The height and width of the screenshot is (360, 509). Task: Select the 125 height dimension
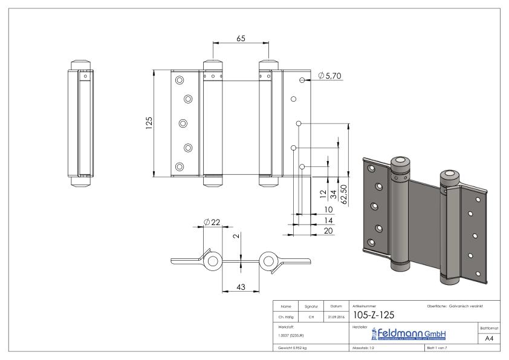[x=149, y=123]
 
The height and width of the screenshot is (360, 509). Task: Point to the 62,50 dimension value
[x=345, y=195]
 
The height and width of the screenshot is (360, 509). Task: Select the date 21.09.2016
[x=336, y=316]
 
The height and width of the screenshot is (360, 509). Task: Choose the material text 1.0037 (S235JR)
[x=292, y=335]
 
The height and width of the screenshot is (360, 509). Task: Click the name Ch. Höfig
[x=287, y=316]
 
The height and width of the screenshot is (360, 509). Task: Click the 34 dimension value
[x=333, y=195]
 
